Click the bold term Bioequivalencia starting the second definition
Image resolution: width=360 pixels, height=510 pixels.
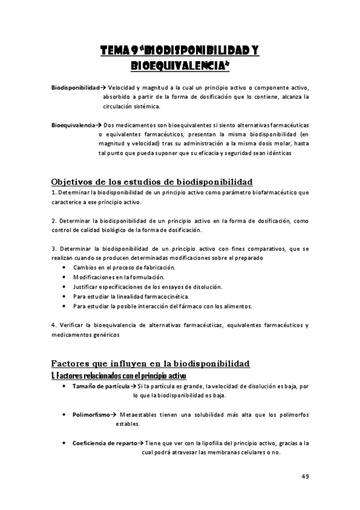73,125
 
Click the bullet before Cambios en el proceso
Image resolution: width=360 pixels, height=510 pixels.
65,267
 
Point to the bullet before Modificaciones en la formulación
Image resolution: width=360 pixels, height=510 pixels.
65,277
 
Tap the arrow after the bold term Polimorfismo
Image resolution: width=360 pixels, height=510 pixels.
114,415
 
